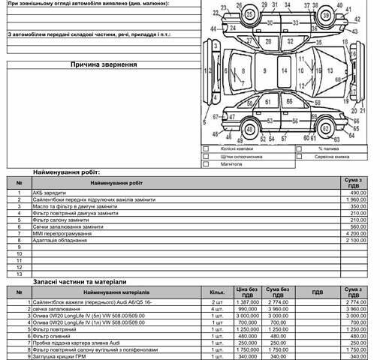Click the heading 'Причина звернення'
coord(104,64)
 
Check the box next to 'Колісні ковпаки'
coord(207,148)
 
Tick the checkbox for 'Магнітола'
coord(207,163)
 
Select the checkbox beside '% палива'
coord(300,148)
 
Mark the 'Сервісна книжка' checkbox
coord(300,156)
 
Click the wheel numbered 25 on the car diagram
coord(240,15)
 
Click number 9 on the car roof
coord(264,70)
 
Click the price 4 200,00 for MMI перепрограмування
coord(353,233)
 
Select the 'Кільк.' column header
coord(217,291)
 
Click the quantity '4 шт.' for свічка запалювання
coord(217,308)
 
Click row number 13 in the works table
coord(20,274)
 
